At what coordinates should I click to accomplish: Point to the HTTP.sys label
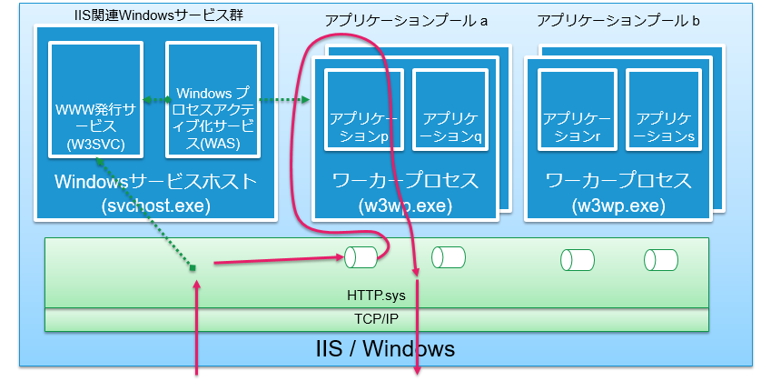pos(377,295)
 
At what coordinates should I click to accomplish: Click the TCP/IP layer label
pos(377,319)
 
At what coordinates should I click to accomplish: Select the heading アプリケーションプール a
pos(406,20)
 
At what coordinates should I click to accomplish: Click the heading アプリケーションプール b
pos(618,20)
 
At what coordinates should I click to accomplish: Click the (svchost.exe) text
pos(156,205)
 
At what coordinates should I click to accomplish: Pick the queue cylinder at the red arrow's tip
pos(361,258)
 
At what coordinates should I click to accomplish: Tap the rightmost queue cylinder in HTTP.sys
pos(660,260)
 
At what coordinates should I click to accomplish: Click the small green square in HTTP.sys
pos(193,267)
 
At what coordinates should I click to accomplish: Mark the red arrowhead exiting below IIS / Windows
pos(417,368)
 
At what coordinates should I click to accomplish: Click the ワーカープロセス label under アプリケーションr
pos(618,179)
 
